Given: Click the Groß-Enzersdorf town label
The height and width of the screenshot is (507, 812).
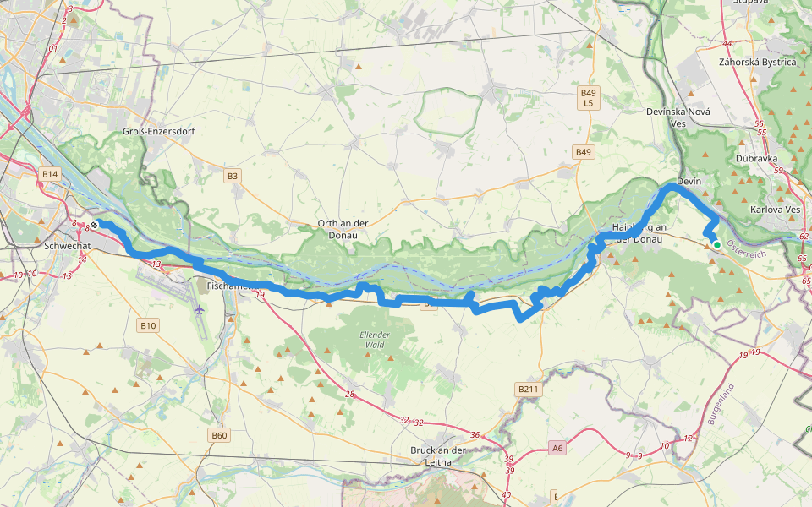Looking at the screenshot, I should coord(153,131).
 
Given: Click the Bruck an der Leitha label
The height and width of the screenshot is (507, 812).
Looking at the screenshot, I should coord(439,456).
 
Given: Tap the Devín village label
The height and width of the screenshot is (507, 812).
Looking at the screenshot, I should coord(690,171).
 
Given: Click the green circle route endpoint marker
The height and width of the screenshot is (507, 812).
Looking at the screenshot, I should coord(717,245).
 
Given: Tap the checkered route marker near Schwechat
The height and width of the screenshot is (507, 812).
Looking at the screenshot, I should coord(95,225).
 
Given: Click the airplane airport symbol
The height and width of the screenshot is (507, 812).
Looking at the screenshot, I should coord(199,309).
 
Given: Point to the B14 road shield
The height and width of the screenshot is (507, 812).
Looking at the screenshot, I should coord(51,174).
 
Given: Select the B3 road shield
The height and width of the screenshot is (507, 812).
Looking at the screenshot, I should coord(233,176).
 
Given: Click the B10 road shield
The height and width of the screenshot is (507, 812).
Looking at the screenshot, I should coord(148,325).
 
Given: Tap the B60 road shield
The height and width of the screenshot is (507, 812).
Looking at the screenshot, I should coord(219,435).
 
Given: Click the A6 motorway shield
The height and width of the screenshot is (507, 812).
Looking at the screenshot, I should coord(556,448).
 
